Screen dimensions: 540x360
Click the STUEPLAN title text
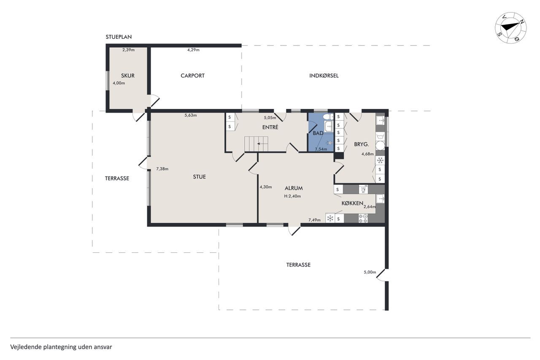click(119, 37)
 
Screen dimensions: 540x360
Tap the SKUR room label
click(128, 76)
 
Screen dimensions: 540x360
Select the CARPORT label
click(193, 76)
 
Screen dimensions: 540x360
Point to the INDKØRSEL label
click(324, 76)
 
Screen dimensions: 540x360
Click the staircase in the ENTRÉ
click(256, 144)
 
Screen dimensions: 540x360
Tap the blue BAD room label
click(318, 133)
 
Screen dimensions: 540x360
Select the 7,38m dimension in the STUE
click(162, 169)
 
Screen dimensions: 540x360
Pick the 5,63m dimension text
click(191, 115)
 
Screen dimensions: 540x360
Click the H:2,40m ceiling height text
click(292, 196)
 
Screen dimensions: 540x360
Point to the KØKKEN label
click(352, 203)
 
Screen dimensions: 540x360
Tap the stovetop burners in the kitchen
click(363, 219)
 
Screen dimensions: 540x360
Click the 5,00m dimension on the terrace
click(370, 272)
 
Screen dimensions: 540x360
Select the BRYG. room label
click(362, 144)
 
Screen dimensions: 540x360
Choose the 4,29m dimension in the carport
click(193, 50)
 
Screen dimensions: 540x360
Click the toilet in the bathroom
click(328, 117)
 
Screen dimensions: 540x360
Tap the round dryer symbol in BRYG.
click(380, 146)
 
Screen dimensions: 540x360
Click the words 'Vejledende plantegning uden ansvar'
click(61, 347)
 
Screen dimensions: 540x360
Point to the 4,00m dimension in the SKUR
click(119, 83)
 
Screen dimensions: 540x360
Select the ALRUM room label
click(294, 188)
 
